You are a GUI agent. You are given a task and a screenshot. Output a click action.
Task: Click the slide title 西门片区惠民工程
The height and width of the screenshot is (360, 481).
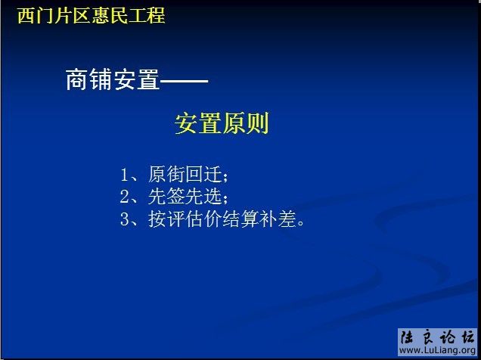click(91, 15)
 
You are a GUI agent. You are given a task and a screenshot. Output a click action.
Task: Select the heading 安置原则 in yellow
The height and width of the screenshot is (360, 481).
click(222, 123)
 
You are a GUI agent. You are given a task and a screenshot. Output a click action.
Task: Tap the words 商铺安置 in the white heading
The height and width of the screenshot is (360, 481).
click(113, 80)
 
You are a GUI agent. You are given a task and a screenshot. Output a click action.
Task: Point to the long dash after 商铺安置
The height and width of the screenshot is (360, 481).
click(184, 80)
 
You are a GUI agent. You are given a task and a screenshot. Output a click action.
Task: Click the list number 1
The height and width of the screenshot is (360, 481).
click(125, 175)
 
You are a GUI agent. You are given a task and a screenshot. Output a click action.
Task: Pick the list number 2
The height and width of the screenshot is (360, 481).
click(125, 197)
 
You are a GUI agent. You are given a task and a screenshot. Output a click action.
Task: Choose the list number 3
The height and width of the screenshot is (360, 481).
click(125, 220)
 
